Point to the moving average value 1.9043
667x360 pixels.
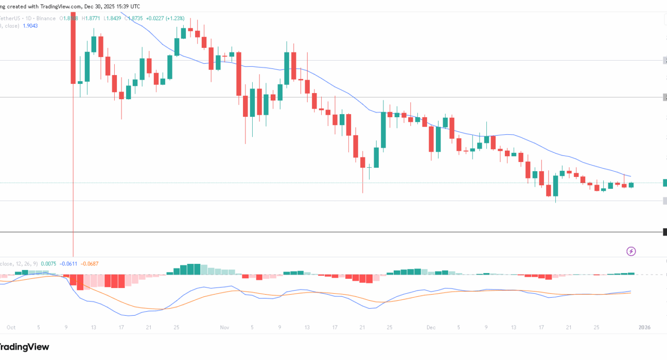point(30,26)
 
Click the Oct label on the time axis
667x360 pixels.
point(11,327)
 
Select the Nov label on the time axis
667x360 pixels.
point(224,327)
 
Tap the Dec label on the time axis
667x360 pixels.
point(431,327)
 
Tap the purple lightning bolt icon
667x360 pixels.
point(631,251)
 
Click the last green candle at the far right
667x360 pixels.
point(631,185)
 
